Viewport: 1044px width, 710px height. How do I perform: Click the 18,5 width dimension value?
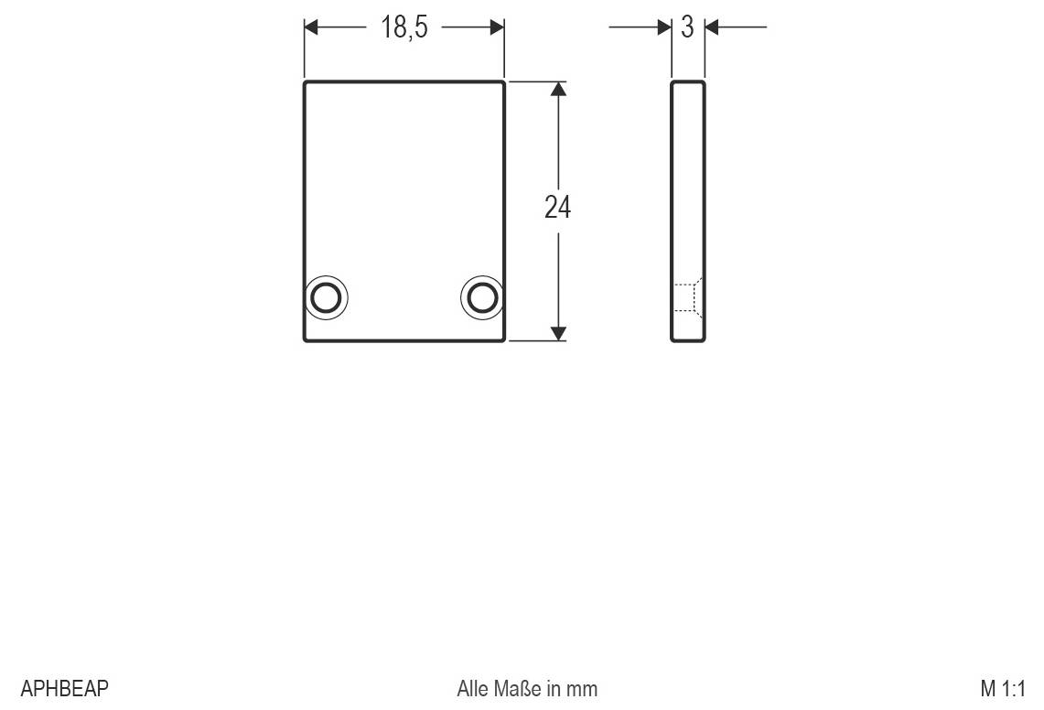(x=404, y=27)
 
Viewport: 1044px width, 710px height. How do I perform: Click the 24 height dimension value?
(x=557, y=207)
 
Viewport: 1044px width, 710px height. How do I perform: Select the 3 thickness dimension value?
(x=688, y=27)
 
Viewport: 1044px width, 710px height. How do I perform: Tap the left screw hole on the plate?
(x=326, y=297)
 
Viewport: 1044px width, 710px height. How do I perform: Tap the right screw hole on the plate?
(x=482, y=297)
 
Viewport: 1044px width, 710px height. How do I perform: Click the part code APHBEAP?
(x=65, y=688)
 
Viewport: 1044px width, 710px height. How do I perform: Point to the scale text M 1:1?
(x=1003, y=688)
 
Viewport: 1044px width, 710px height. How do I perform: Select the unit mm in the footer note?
(x=582, y=690)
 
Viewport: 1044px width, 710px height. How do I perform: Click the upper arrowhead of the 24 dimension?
(x=559, y=89)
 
